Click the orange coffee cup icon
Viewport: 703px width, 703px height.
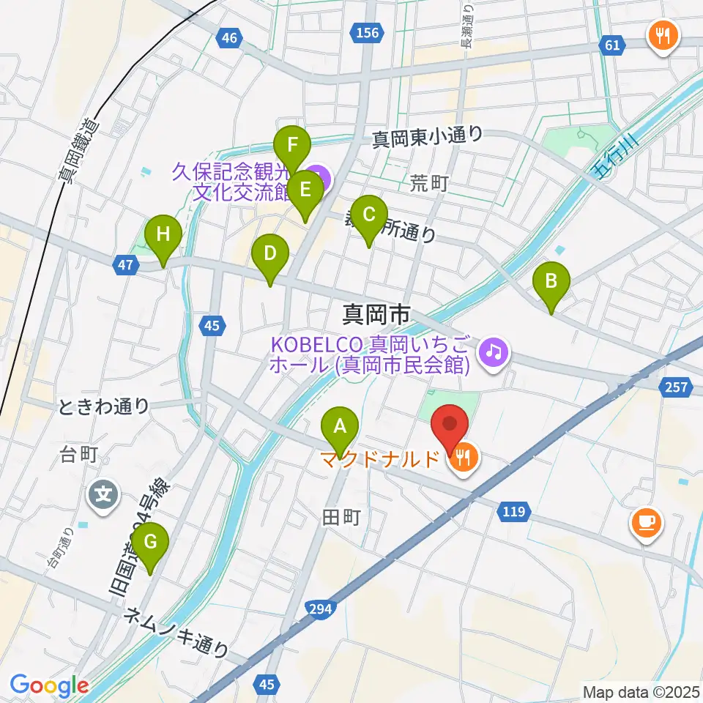coord(645,522)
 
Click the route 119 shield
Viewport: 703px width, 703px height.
coord(513,510)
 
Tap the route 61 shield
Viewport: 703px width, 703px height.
coord(612,46)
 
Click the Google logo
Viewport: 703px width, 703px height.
coord(48,685)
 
